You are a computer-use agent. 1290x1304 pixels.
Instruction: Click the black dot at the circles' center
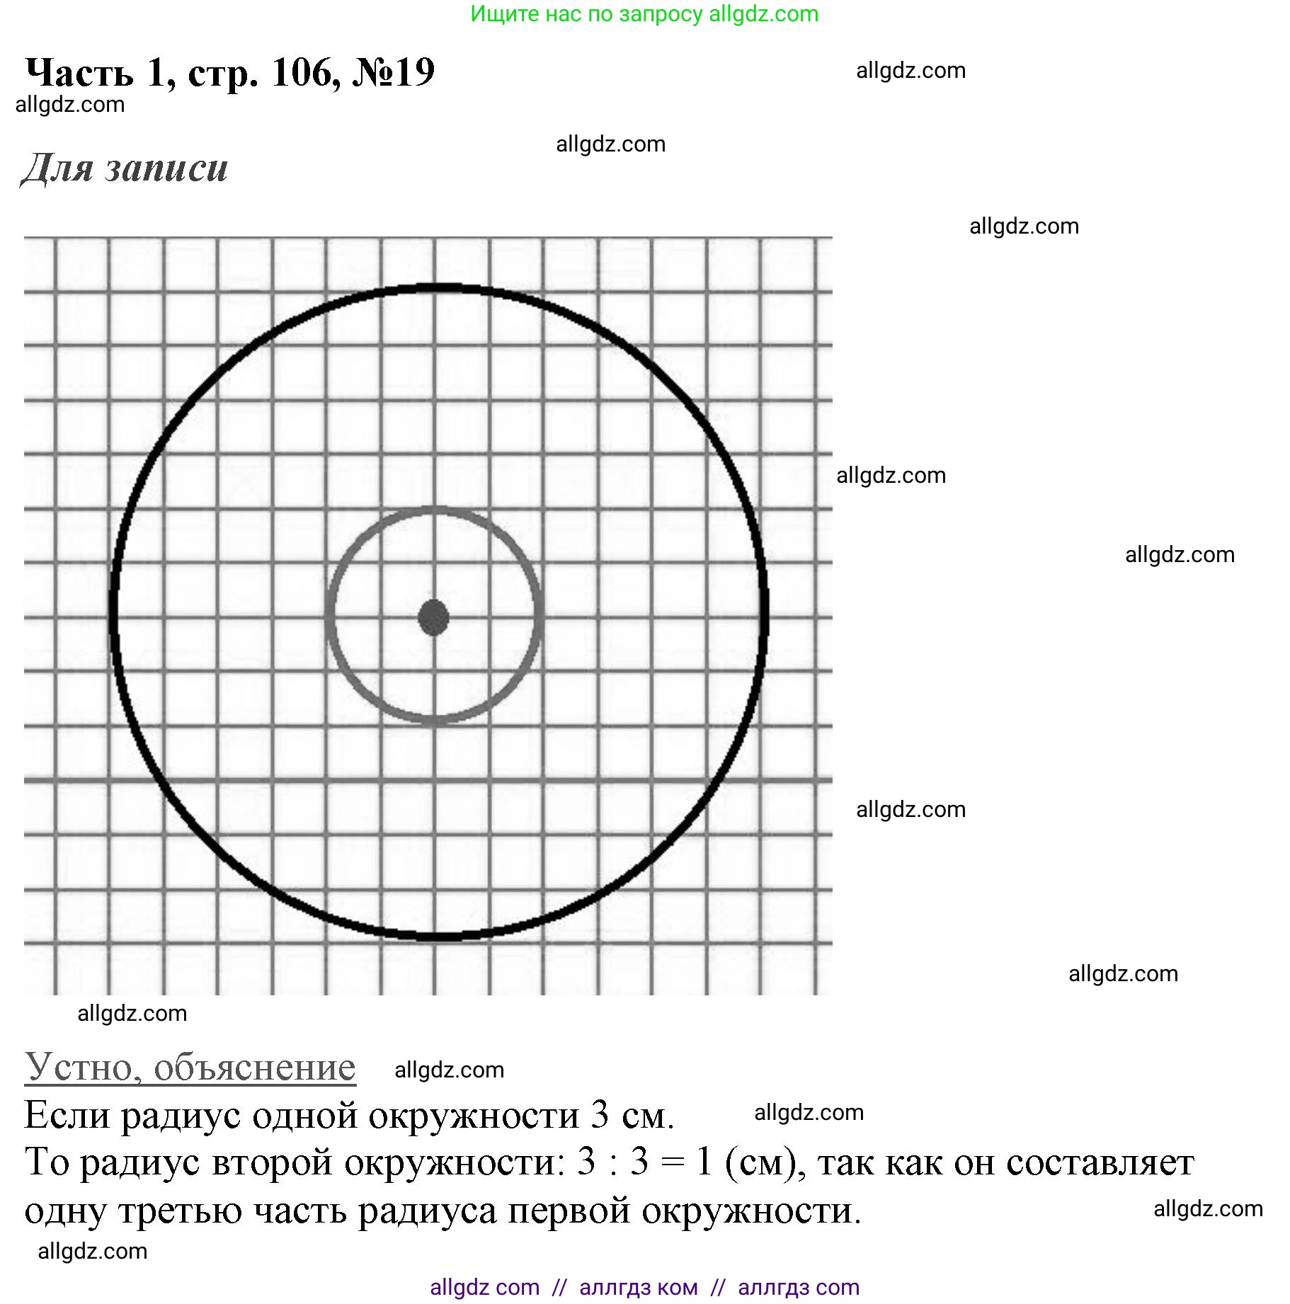point(433,617)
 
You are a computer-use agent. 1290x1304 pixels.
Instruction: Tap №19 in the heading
point(394,72)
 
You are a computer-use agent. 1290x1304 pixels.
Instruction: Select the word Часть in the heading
point(79,72)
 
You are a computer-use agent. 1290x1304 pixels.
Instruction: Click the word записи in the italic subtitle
point(167,168)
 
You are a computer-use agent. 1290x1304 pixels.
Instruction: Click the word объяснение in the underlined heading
point(255,1067)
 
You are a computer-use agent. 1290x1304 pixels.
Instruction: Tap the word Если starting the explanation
point(67,1116)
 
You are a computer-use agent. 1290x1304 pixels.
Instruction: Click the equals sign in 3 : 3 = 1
point(672,1162)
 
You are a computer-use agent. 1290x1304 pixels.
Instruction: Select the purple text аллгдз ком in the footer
point(638,1287)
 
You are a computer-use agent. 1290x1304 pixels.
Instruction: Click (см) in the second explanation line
point(765,1162)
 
